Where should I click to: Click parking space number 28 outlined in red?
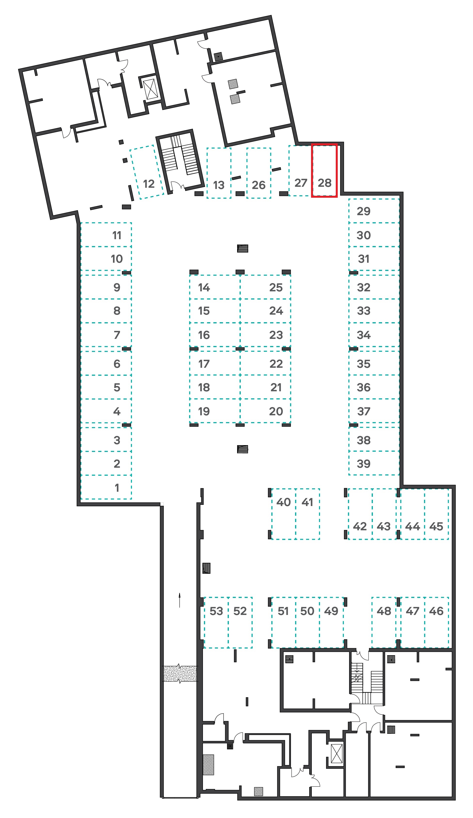[x=324, y=170]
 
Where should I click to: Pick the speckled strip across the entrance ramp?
[x=180, y=674]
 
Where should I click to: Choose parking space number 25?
[x=265, y=287]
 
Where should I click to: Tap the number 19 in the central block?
[x=204, y=411]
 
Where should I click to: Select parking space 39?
[x=374, y=463]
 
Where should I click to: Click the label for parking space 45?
[x=436, y=526]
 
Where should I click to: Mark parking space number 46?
[x=436, y=622]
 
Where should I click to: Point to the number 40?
[x=283, y=502]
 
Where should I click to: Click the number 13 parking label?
[x=219, y=185]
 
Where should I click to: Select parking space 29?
[x=374, y=211]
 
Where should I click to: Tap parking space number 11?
[x=106, y=235]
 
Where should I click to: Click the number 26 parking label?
[x=258, y=185]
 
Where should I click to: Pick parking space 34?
[x=374, y=335]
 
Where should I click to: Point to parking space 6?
[x=106, y=363]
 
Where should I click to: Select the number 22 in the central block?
[x=276, y=364]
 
